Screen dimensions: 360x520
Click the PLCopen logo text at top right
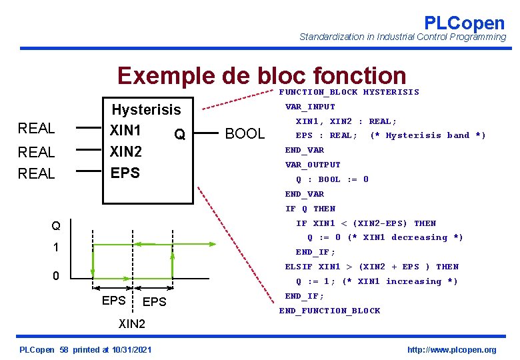464,23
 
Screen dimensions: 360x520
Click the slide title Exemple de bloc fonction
261,77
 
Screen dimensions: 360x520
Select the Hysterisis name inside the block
146,109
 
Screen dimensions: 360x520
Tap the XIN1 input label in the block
125,129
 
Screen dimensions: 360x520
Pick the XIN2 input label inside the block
125,151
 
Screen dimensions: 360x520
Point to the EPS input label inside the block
125,173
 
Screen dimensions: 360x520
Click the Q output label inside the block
179,135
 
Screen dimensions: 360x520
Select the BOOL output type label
245,133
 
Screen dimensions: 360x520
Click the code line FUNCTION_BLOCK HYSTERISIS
349,92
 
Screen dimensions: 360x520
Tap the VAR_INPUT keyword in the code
310,107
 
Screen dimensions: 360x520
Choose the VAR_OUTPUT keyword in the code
313,165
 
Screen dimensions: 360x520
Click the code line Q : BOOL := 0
332,179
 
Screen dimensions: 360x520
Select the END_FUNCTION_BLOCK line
329,311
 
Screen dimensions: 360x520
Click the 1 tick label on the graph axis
56,247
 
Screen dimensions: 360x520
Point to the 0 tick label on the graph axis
56,276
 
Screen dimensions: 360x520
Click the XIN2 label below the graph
132,325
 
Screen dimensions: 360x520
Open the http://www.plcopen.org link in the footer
451,350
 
